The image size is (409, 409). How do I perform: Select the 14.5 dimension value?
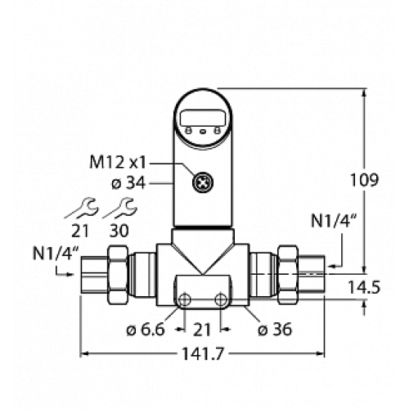tap(384, 288)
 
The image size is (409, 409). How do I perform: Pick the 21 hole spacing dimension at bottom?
tap(202, 330)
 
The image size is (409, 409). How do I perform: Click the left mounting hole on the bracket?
tap(185, 300)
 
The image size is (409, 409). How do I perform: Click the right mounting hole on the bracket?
tap(219, 300)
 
